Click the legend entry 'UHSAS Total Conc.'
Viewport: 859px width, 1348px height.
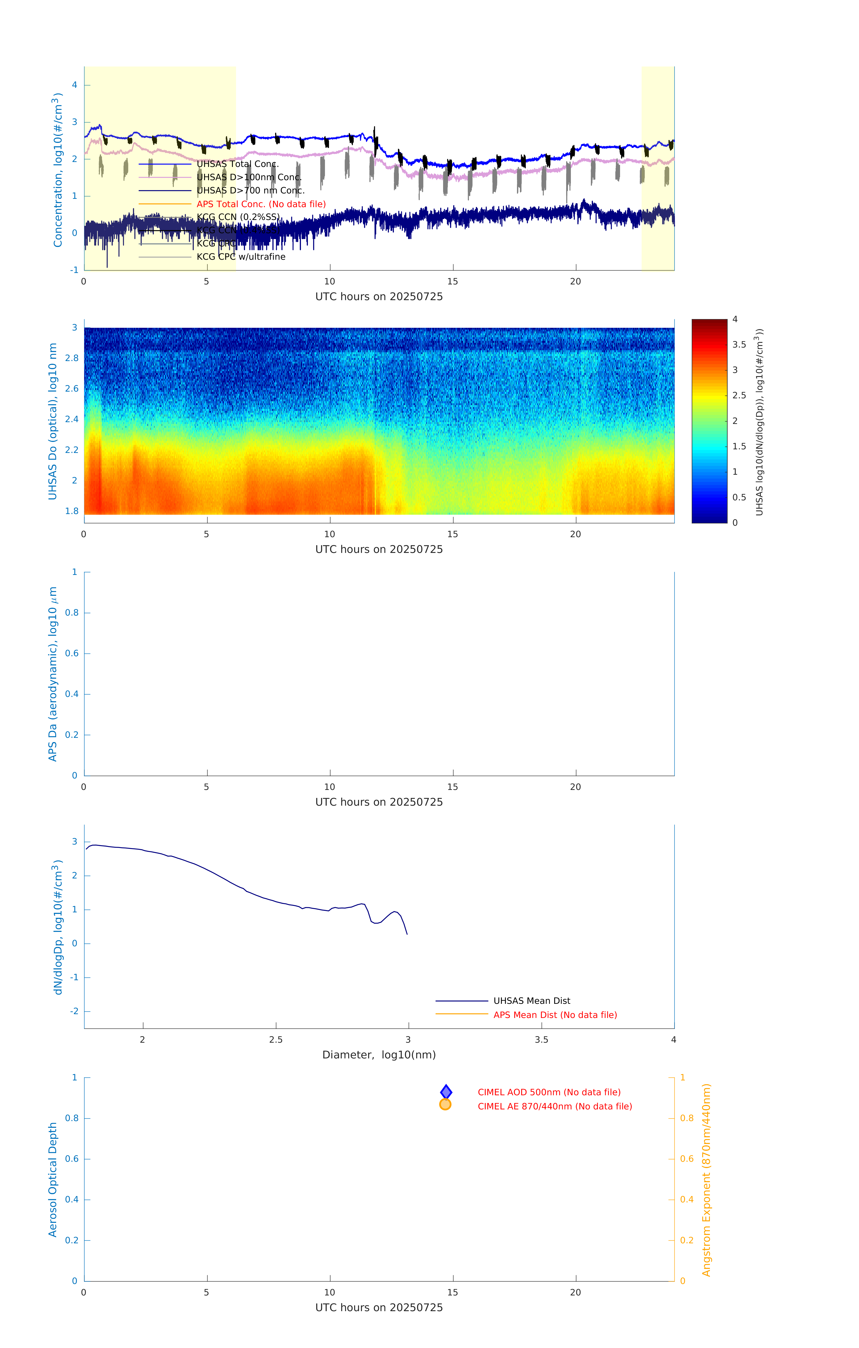pos(237,164)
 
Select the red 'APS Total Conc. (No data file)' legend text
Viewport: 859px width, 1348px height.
pos(261,204)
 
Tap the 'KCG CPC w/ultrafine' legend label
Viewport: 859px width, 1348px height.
pos(241,257)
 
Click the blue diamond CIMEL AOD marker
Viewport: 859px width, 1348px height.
pos(446,1092)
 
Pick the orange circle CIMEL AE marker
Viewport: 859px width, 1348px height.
pos(446,1104)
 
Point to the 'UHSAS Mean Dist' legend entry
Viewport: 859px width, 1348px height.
pos(532,1001)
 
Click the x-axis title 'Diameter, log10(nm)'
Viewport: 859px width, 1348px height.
pos(379,1055)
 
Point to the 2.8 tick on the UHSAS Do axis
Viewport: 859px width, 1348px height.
pos(72,358)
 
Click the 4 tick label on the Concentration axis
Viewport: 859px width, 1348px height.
pos(74,85)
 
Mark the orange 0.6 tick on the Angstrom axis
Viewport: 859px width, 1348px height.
pos(687,1159)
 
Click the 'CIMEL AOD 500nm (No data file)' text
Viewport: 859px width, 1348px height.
pos(549,1092)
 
